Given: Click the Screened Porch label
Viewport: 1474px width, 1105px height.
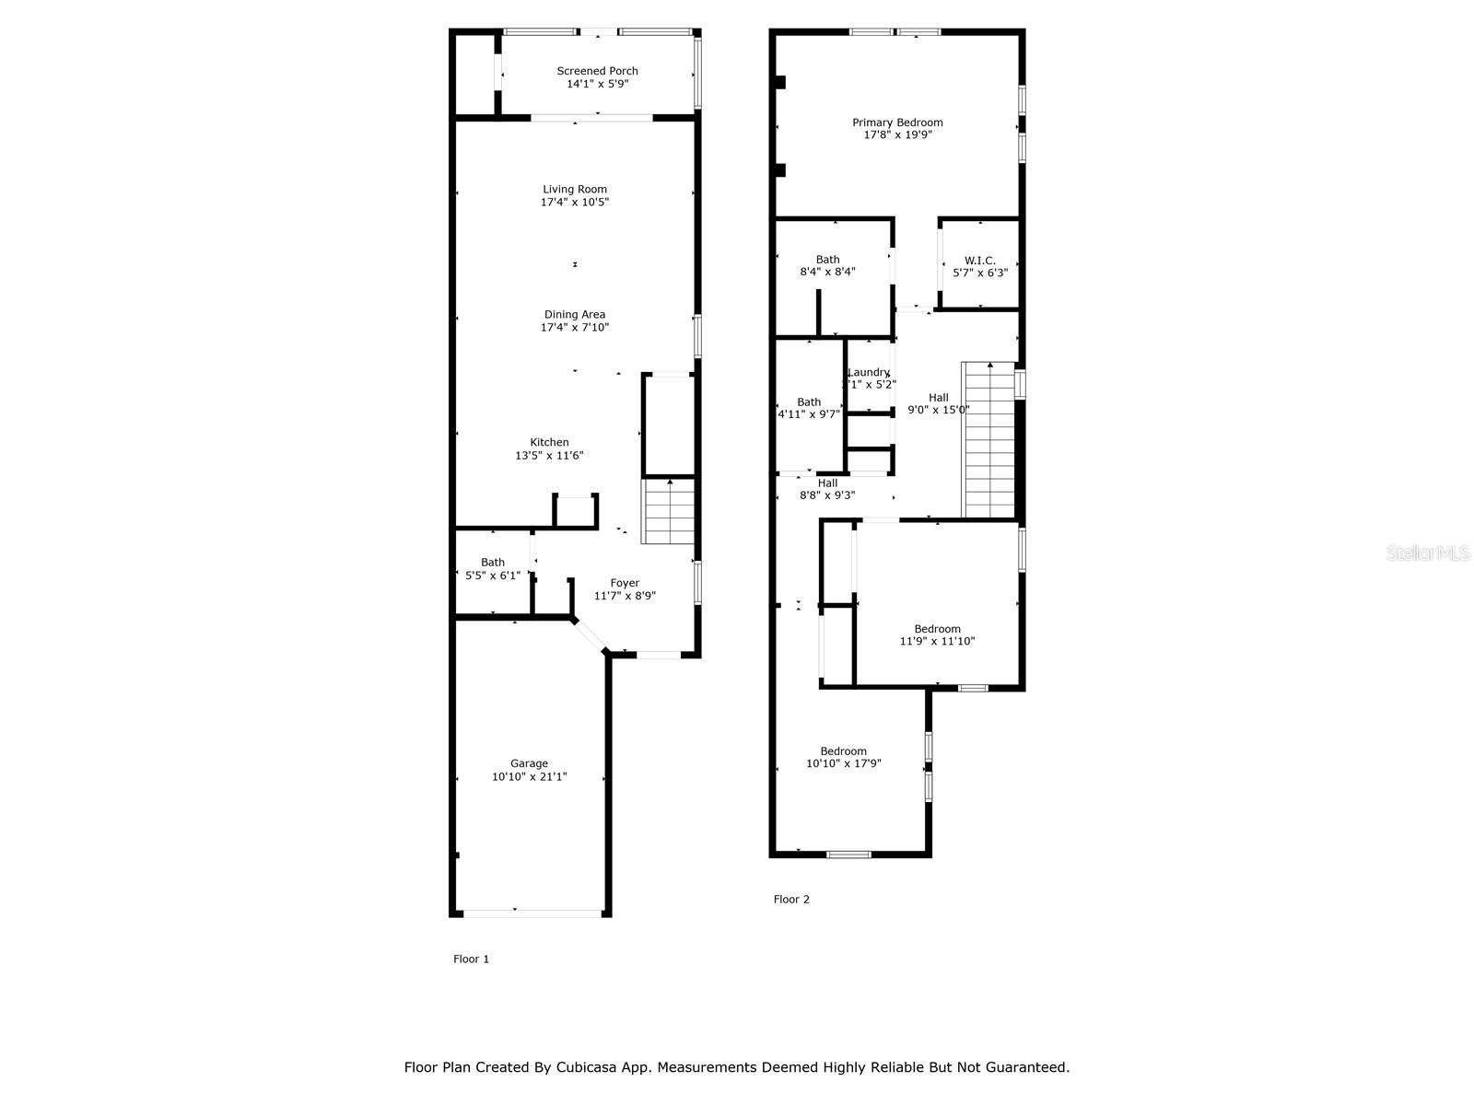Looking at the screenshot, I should pos(597,71).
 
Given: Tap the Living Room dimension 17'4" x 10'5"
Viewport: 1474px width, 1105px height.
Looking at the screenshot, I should pos(575,202).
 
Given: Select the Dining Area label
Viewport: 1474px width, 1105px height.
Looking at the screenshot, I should pos(575,315).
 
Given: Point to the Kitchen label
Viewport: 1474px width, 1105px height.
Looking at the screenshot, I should pos(549,443).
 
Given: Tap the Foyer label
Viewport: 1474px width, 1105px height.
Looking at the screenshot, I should pos(625,583).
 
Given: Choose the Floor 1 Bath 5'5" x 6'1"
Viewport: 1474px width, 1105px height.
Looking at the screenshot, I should pos(493,569).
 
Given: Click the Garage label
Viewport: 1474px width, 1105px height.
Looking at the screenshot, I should pos(530,763).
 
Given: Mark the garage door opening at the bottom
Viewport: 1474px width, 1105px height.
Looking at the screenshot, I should pos(532,913).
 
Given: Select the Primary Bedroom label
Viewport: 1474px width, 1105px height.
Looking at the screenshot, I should pos(897,122).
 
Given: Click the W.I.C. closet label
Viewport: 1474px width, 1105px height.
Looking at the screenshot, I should pos(980,261).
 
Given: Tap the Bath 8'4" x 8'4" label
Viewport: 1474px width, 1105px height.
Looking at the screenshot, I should pos(827,266).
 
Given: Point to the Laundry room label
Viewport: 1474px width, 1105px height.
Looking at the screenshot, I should pos(869,373).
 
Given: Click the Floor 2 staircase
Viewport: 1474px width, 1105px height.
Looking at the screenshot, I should pos(989,440).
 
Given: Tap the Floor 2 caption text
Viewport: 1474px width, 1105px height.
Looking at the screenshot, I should pos(791,900).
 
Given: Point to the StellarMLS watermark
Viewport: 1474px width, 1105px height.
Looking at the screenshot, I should pos(1429,552).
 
